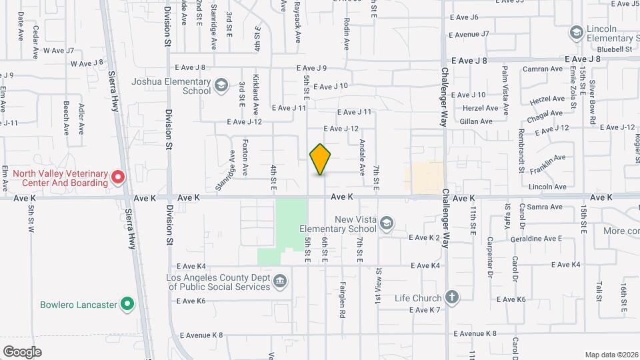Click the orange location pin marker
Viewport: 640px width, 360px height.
[321, 159]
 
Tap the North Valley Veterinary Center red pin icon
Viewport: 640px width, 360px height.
[118, 177]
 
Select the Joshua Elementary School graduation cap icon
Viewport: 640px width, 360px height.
[221, 86]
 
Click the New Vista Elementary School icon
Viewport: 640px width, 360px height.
[386, 223]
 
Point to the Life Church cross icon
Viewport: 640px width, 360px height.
[452, 297]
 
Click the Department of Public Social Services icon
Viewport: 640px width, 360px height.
[281, 280]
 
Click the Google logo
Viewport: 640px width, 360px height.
[22, 351]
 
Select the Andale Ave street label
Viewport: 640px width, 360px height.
[362, 157]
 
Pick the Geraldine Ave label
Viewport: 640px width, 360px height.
[535, 238]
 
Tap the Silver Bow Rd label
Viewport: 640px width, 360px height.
[592, 101]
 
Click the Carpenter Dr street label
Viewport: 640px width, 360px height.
[489, 256]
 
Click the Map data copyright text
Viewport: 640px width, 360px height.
[611, 354]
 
